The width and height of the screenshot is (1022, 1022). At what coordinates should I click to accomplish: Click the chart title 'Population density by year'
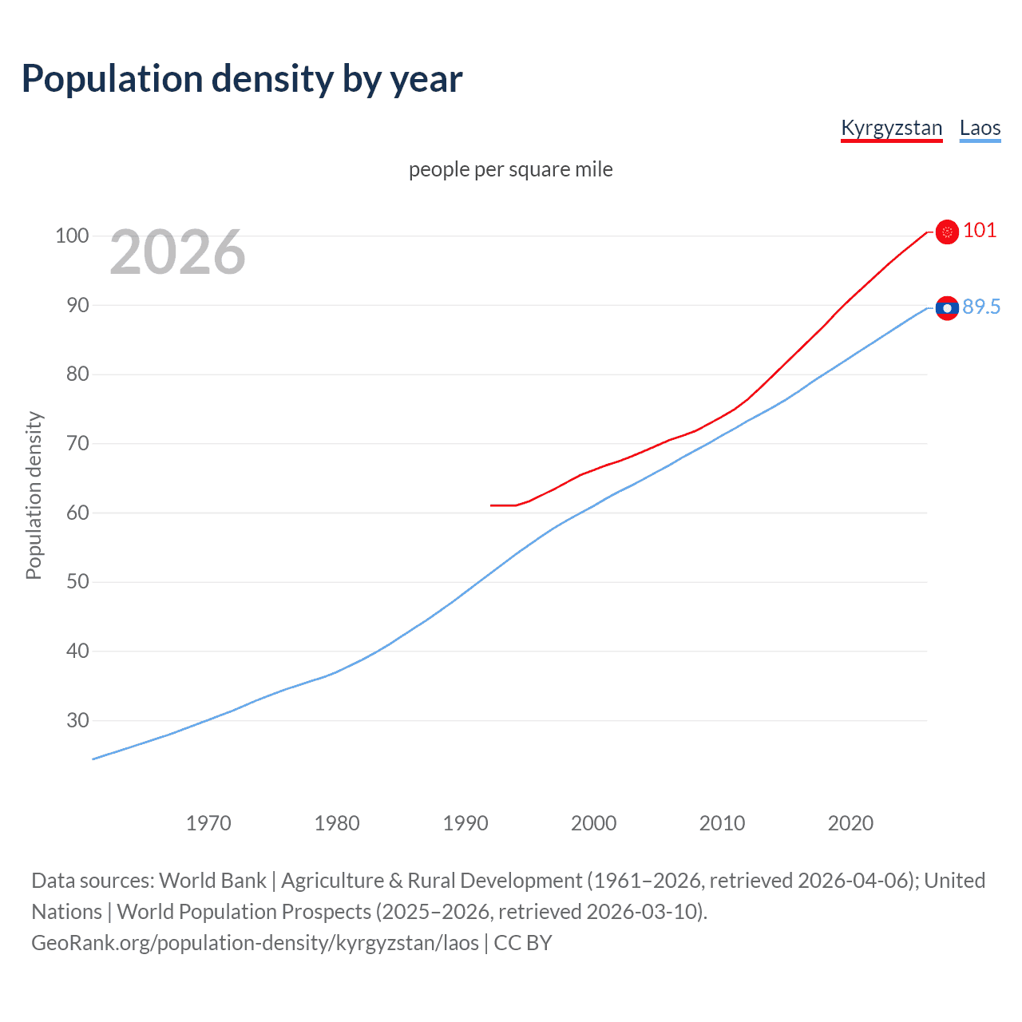(x=242, y=79)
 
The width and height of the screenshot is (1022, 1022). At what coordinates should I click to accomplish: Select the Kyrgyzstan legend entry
(x=891, y=128)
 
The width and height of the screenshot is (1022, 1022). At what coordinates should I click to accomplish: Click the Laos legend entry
(x=980, y=128)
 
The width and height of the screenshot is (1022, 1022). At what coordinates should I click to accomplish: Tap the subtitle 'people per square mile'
(x=510, y=169)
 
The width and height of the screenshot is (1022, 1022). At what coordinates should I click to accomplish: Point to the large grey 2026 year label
(x=177, y=252)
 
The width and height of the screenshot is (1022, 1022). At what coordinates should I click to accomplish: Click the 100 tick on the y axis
(x=71, y=236)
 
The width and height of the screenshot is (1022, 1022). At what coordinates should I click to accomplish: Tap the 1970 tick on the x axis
(x=208, y=823)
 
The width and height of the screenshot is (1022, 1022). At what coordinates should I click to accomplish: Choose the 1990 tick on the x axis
(x=465, y=823)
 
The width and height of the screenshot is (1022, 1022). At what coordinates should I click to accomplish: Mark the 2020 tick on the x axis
(x=850, y=823)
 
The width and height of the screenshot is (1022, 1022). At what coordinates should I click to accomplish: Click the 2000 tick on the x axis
(x=593, y=823)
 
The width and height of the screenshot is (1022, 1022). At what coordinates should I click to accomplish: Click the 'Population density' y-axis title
(x=34, y=495)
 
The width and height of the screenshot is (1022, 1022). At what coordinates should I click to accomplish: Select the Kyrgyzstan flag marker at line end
(x=947, y=232)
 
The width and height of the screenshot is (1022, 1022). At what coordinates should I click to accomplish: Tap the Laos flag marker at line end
(x=947, y=308)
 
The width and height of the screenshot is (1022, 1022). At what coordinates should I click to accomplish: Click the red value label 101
(x=980, y=231)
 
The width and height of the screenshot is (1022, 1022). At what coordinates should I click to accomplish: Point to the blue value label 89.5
(x=981, y=307)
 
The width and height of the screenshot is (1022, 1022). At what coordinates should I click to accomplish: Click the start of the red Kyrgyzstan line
(x=492, y=505)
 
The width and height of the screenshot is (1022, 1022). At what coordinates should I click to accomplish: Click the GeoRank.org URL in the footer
(x=255, y=943)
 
